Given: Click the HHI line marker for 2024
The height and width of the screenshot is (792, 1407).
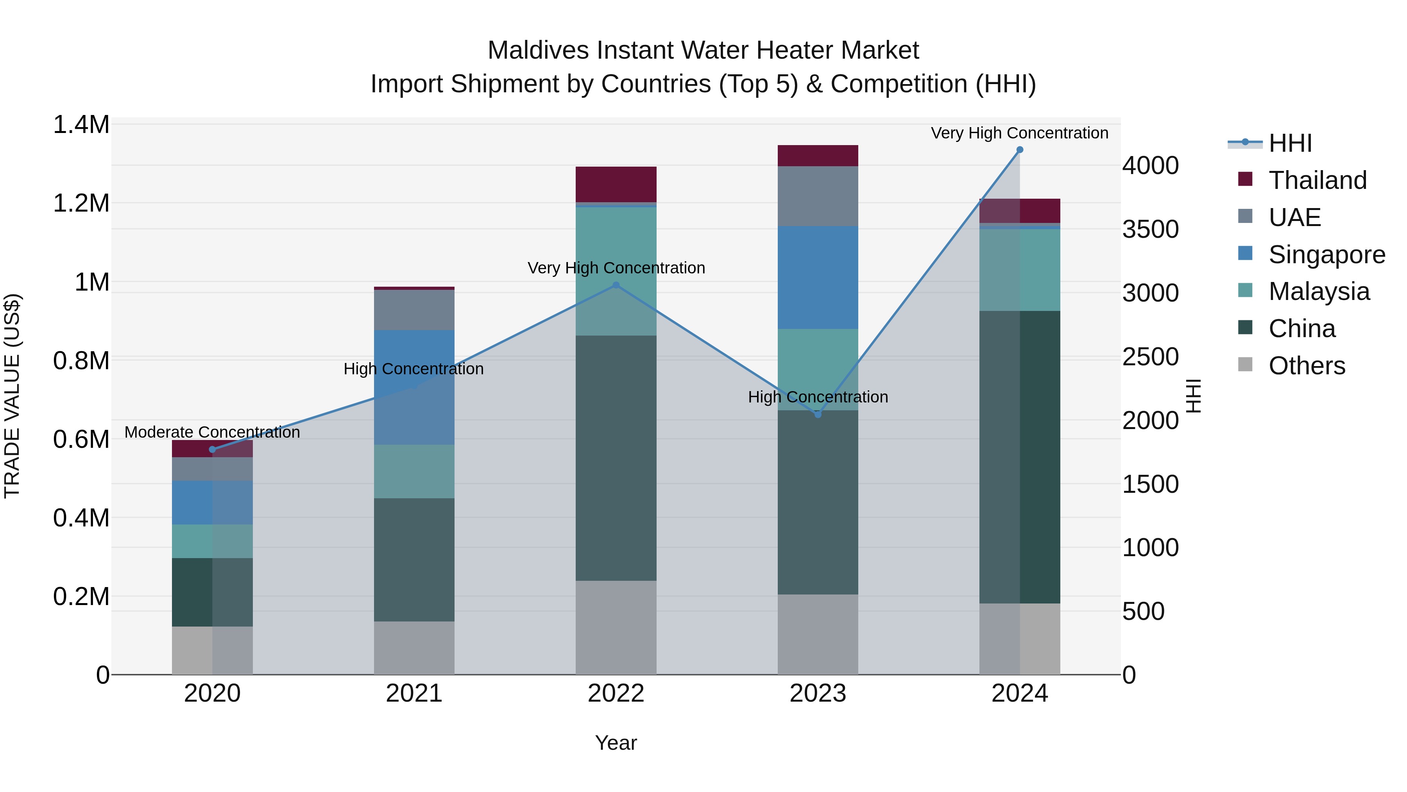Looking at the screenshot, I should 1019,150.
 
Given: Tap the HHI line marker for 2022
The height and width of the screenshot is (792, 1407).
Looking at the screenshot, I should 616,285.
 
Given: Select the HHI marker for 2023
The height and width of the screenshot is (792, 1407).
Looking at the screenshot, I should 818,414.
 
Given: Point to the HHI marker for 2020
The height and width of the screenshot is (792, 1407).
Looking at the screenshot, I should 213,449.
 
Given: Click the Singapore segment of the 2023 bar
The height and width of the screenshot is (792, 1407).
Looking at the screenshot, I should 818,277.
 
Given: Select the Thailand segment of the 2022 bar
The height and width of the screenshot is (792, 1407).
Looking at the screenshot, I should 616,184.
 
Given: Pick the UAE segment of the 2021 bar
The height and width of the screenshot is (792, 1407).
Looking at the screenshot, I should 414,309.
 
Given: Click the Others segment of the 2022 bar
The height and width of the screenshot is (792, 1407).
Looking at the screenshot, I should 616,627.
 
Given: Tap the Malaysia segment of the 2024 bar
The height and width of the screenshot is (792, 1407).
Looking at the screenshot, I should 1019,269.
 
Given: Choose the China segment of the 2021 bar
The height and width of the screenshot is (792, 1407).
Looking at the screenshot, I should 414,559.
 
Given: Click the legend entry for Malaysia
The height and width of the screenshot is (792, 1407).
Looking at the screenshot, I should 1319,291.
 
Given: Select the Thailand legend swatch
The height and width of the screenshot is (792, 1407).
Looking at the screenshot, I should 1245,179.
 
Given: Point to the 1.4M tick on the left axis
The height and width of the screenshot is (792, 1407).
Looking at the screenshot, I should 81,125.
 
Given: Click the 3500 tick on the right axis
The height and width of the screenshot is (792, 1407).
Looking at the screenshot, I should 1150,229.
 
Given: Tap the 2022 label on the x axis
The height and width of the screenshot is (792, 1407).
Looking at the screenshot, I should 616,693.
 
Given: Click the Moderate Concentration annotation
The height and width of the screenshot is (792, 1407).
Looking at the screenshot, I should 213,432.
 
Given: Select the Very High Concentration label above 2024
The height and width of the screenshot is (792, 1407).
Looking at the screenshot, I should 1019,133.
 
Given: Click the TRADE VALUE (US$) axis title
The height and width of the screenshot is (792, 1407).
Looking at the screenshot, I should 12,396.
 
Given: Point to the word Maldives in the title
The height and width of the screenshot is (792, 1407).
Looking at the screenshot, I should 538,50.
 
